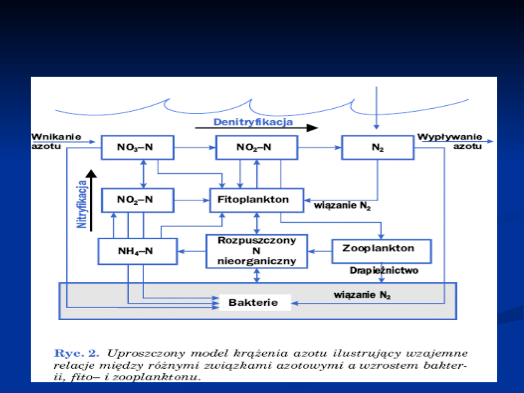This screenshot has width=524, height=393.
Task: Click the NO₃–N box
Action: click(137, 147)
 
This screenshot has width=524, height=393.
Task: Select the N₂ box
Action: click(377, 147)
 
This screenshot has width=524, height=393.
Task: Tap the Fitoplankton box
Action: click(257, 200)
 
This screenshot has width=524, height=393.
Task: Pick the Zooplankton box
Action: click(381, 251)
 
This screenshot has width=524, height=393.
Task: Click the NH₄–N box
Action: click(137, 251)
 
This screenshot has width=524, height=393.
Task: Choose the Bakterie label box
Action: click(255, 303)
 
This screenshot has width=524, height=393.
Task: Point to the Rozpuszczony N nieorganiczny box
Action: click(257, 251)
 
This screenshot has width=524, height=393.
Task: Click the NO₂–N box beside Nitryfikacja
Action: click(137, 200)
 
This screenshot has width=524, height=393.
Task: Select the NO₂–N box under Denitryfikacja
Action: click(256, 147)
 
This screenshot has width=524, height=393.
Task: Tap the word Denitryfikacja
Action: click(253, 122)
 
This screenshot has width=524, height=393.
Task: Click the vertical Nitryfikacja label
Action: click(82, 204)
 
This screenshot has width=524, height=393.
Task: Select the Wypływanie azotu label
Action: click(450, 141)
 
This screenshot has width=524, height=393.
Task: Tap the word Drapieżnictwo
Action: click(384, 271)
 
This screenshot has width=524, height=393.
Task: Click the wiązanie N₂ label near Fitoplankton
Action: click(343, 206)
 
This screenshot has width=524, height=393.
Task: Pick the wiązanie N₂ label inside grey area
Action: click(362, 295)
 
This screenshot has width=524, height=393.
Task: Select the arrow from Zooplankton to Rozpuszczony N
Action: click(320, 251)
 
